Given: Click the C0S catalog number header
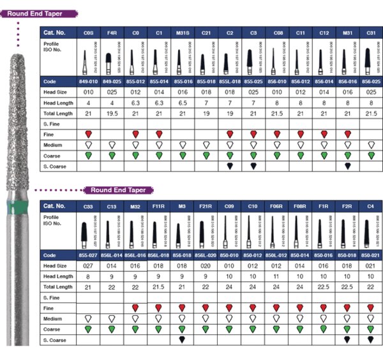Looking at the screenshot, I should (87, 31).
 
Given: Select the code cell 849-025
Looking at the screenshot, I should (112, 82).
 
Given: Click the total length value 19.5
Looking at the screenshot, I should (112, 112).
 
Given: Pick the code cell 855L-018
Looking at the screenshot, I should (230, 82).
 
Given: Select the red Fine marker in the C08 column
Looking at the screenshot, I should (277, 134).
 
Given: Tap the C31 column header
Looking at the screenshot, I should (372, 31).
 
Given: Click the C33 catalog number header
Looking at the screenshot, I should (87, 206).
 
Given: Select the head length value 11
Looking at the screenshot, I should (277, 276).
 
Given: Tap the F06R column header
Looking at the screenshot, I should (277, 206).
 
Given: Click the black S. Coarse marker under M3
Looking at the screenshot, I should (183, 339).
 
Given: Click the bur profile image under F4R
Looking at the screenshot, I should (112, 60).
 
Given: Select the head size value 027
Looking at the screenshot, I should (87, 266).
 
